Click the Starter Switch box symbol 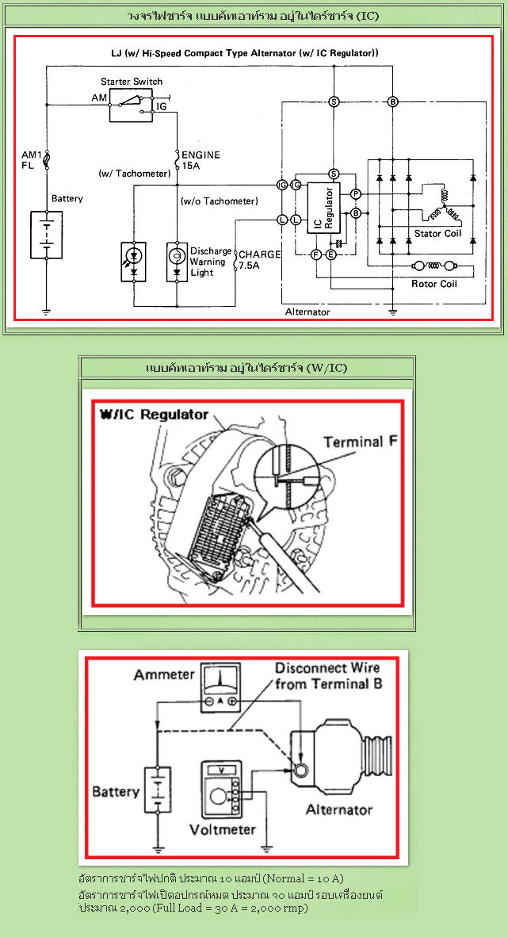pos(131,105)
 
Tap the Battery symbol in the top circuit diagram pos(46,234)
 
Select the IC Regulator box pos(323,208)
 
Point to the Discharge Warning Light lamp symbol pos(177,262)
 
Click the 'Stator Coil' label pos(438,234)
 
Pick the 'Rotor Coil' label pos(434,284)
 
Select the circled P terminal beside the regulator pos(356,194)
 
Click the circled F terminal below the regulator pos(317,254)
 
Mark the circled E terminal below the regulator pos(330,254)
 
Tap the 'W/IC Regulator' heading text pos(155,414)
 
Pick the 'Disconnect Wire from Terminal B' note pos(328,675)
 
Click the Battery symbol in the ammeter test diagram pos(158,790)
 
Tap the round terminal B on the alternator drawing pos(300,771)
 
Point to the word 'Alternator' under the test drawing pos(339,810)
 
